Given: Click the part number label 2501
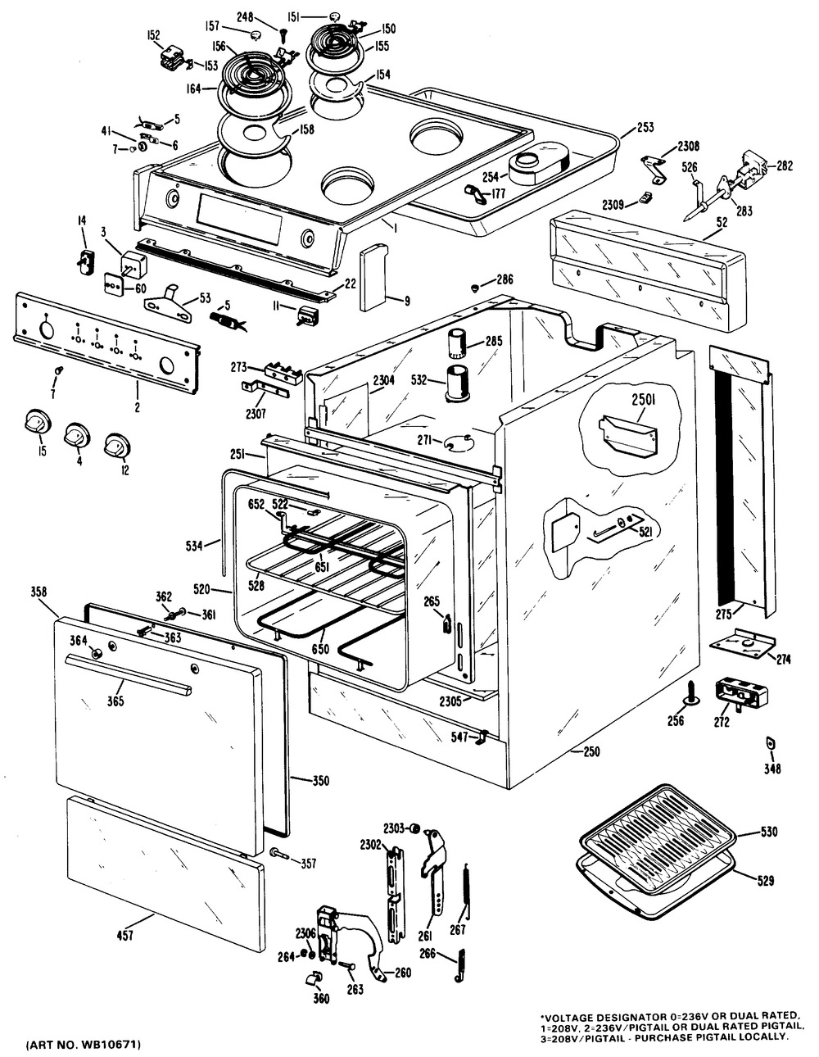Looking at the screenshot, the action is (644, 400).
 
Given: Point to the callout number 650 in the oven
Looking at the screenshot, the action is (320, 649).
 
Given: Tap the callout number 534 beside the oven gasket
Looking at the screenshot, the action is (194, 547).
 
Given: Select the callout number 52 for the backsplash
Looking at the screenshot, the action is (722, 222).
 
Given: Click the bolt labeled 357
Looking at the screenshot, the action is (279, 852).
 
